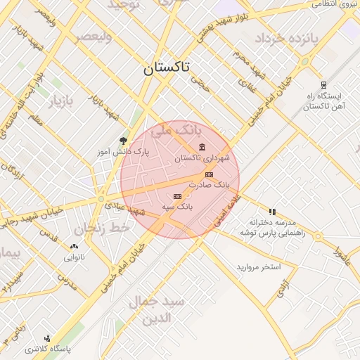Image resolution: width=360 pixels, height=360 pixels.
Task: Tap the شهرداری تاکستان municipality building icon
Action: point(202,147)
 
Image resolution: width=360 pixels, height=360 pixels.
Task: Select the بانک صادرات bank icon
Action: point(208,174)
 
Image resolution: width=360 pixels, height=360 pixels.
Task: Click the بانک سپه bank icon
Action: point(177,196)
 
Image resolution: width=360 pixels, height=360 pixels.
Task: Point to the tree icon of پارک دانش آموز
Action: point(124,141)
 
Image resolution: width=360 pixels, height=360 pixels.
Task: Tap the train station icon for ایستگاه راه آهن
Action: point(323,84)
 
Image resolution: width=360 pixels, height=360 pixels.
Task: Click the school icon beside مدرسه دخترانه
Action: point(272,211)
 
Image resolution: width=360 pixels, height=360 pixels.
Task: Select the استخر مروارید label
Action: point(258,267)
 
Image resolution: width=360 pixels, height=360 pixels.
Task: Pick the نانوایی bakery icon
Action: point(75,247)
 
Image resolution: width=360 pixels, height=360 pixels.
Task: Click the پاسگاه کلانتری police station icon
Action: point(47,338)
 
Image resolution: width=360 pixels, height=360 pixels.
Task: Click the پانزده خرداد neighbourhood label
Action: point(287,37)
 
